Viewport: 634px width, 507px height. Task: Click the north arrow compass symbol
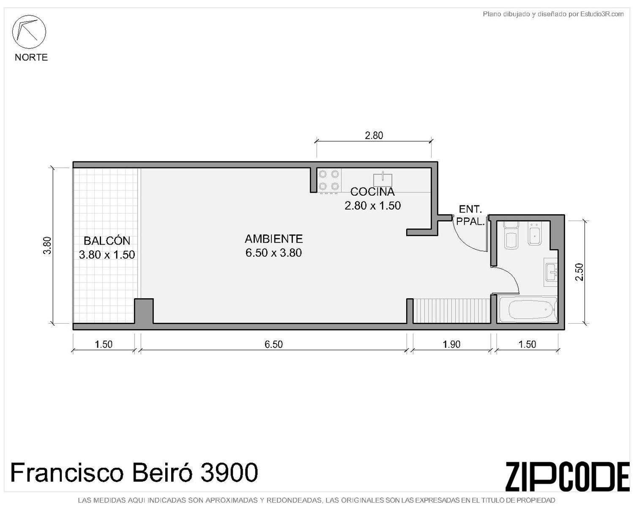click(x=29, y=32)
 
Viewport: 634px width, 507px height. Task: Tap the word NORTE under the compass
click(x=31, y=57)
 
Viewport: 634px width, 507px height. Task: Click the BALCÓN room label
click(x=107, y=241)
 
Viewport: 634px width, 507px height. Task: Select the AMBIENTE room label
click(x=273, y=239)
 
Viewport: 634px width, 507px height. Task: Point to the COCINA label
click(x=372, y=192)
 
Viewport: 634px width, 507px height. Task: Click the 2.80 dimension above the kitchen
click(x=374, y=136)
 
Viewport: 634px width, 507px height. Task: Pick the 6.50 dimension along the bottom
click(x=273, y=344)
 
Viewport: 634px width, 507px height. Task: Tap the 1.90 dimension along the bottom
click(x=451, y=344)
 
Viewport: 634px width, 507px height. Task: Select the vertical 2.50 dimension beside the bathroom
click(x=579, y=272)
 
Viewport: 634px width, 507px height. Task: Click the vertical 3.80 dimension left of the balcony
click(x=47, y=245)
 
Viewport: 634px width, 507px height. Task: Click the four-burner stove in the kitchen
click(x=329, y=180)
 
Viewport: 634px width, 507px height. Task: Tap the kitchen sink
click(x=383, y=180)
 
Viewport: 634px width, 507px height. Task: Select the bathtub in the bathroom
click(x=527, y=309)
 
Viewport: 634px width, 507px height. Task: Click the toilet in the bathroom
click(x=511, y=236)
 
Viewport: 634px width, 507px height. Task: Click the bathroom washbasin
click(x=551, y=272)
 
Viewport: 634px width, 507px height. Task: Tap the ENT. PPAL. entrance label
click(x=470, y=215)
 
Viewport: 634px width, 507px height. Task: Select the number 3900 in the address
click(x=230, y=472)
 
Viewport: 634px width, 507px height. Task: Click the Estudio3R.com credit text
click(x=602, y=14)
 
